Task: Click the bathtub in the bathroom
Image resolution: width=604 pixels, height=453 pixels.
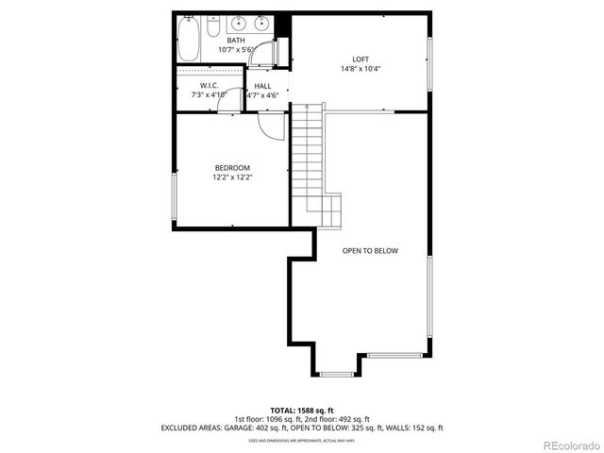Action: click(189, 39)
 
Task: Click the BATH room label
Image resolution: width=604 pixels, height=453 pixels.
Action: click(235, 40)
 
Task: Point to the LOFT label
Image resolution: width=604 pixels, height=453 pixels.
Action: click(361, 59)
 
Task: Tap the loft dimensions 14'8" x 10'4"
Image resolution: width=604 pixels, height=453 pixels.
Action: click(361, 69)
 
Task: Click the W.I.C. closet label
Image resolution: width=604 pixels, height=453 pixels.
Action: click(210, 85)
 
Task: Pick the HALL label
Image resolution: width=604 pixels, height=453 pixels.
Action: click(262, 86)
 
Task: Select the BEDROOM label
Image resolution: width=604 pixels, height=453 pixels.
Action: click(231, 167)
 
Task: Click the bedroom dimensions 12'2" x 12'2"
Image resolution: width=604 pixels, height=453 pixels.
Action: click(231, 176)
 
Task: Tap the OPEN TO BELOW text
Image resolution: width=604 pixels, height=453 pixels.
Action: click(370, 251)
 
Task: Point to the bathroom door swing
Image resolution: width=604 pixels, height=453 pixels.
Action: click(256, 56)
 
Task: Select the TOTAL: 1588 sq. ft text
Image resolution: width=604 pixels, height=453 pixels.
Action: click(302, 411)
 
